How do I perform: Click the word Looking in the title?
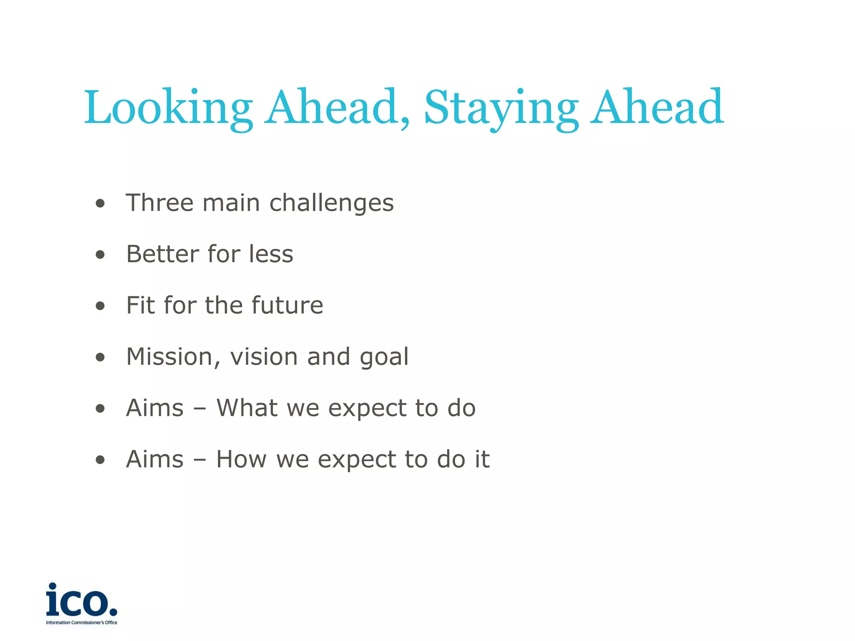[168, 108]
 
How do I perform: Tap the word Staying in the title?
[501, 108]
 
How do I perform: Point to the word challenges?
[331, 204]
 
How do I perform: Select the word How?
[241, 459]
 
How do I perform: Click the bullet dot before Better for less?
[100, 255]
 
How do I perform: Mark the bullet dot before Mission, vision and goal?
[100, 357]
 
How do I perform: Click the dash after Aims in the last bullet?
[200, 460]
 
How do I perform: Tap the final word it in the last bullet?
[482, 459]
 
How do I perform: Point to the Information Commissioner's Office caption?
[81, 623]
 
